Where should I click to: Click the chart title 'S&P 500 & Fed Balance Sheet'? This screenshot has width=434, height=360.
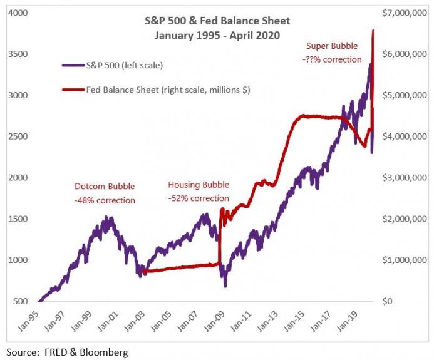217,21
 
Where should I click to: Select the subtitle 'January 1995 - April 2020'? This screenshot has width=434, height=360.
217,36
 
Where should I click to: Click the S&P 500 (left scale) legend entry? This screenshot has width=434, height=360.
112,65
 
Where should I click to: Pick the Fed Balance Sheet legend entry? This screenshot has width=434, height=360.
156,90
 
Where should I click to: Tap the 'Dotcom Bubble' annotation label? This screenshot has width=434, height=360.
105,186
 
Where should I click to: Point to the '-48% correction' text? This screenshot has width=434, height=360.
105,200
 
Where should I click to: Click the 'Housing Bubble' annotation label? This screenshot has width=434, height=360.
199,185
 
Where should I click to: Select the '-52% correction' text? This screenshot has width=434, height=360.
199,198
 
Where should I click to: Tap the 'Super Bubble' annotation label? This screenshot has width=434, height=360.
332,46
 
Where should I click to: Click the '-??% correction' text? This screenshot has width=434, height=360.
332,59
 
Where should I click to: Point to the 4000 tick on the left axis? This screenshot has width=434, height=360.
18,13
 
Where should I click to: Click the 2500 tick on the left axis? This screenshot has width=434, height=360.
18,136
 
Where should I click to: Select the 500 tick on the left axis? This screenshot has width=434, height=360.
21,301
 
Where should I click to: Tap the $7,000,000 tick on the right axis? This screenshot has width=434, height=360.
404,13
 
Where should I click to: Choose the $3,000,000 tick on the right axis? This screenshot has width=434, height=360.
404,177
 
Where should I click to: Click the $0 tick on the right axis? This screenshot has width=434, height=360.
387,301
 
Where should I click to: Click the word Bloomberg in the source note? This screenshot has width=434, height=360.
104,352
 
